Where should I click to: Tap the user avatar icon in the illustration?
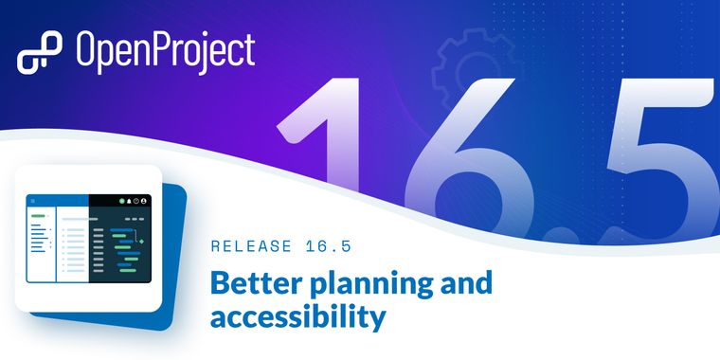coord(145,201)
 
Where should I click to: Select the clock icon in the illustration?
coord(135,201)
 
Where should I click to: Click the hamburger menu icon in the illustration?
coord(33,201)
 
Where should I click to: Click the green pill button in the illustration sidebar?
coord(37,216)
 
